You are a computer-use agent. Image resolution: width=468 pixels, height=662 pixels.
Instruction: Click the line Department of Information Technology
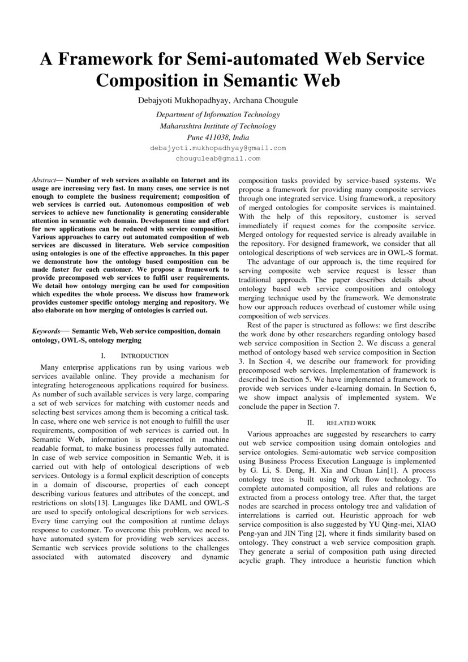(218, 114)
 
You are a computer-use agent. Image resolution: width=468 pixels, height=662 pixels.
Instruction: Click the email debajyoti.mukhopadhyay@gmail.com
(218, 148)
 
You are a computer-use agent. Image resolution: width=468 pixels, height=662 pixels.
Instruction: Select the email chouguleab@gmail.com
(218, 159)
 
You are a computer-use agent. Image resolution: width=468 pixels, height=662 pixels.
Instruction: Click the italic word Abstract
(44, 180)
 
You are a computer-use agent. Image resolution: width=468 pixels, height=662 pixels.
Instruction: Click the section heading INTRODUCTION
(145, 356)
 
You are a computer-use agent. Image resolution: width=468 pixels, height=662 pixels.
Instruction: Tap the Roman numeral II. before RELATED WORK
(310, 423)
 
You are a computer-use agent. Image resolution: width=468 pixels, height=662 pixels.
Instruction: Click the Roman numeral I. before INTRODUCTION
(103, 356)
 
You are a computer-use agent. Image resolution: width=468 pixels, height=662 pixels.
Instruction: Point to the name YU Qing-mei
(396, 525)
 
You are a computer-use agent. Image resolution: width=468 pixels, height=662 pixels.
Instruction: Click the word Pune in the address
(195, 137)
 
